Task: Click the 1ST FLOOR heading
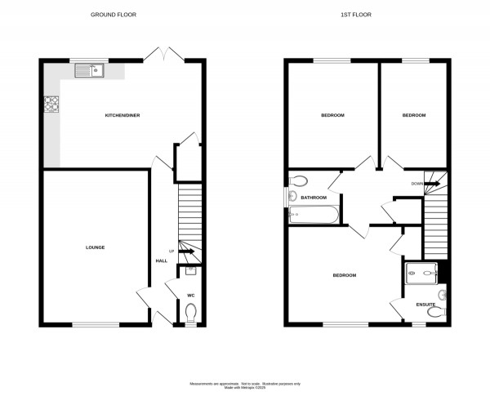[367, 15]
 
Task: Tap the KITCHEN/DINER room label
[122, 116]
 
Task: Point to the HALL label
[161, 260]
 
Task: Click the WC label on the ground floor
[191, 296]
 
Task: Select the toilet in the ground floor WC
[192, 314]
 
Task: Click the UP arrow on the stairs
[185, 251]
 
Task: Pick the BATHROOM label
[314, 198]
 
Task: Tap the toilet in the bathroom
[297, 181]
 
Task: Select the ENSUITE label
[425, 305]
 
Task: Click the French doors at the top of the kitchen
[163, 56]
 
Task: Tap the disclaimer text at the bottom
[245, 385]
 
